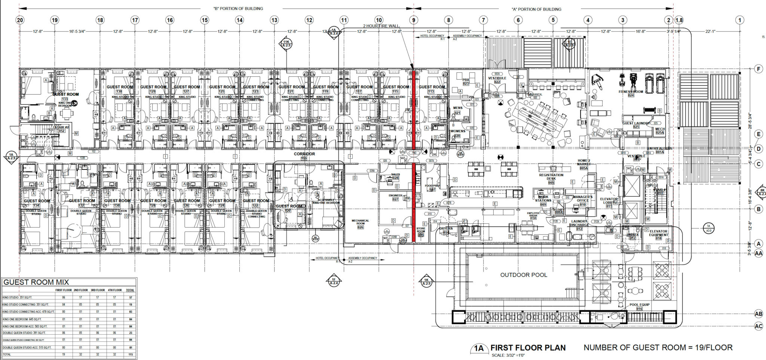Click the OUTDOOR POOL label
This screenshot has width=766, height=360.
tap(523, 275)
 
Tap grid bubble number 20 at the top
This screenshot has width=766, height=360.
tap(20, 20)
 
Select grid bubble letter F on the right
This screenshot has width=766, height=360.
tap(759, 69)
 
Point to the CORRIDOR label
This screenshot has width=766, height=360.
tap(304, 154)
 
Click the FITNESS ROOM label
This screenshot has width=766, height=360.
tap(631, 92)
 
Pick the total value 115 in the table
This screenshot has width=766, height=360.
tap(130, 354)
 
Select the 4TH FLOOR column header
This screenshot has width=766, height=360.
tap(115, 290)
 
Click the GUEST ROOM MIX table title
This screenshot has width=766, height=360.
tap(36, 282)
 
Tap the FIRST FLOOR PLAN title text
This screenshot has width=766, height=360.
tap(528, 348)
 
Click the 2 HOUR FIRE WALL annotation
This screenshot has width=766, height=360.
tap(381, 26)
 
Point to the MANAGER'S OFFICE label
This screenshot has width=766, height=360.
tap(582, 198)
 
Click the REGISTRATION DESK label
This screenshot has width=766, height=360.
tap(551, 177)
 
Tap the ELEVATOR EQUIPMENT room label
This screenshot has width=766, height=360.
tap(658, 233)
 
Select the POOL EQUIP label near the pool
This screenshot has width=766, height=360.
tap(639, 305)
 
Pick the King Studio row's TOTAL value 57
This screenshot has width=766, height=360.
tap(130, 298)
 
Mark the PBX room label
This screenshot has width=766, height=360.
tap(466, 80)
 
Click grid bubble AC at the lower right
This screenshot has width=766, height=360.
tap(759, 326)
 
